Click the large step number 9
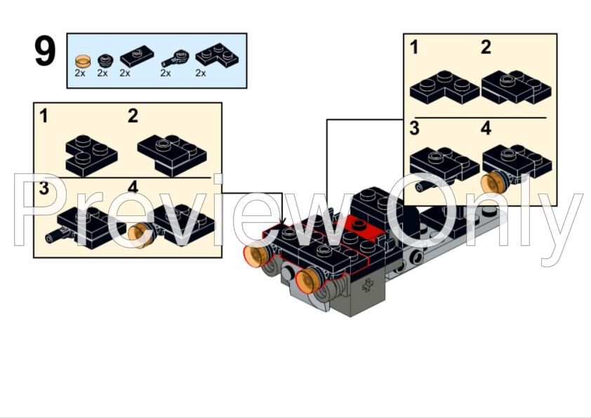45,52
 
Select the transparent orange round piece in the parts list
82,59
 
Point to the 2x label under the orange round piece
80,73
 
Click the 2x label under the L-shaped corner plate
201,73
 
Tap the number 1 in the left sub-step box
44,116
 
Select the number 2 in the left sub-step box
133,116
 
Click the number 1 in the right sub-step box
415,48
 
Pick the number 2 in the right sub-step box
486,48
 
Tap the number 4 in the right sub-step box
486,129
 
